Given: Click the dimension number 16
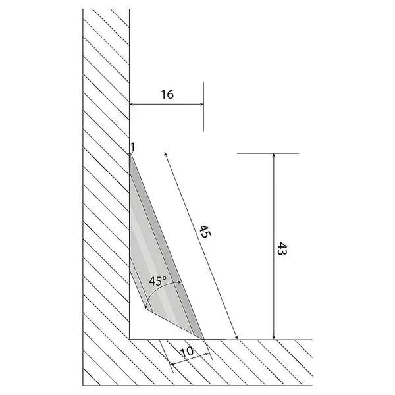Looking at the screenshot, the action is [167, 94].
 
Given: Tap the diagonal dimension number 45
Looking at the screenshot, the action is [205, 232].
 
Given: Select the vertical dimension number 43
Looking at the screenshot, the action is [282, 249].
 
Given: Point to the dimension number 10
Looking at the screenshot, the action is [187, 352].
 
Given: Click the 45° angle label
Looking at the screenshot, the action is [158, 281].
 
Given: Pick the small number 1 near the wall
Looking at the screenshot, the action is [133, 147].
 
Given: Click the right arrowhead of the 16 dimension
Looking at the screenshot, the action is [202, 104].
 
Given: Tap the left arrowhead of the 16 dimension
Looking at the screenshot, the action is [132, 104].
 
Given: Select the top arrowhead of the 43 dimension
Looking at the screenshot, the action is [274, 155].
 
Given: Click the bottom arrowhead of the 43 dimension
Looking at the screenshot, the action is [274, 338].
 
